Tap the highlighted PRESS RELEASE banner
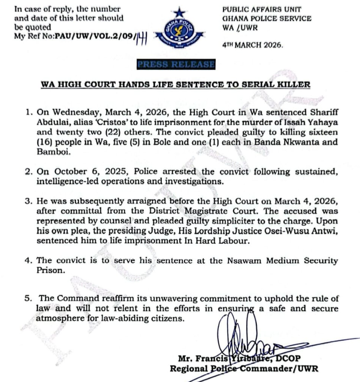[x=176, y=65]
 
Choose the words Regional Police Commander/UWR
[x=244, y=368]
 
